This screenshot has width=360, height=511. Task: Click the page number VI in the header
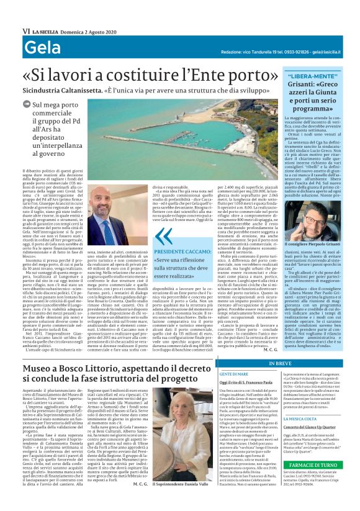[x=26, y=30]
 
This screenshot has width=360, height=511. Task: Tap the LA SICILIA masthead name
[x=46, y=30]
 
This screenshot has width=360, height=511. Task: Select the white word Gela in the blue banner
[x=42, y=48]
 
